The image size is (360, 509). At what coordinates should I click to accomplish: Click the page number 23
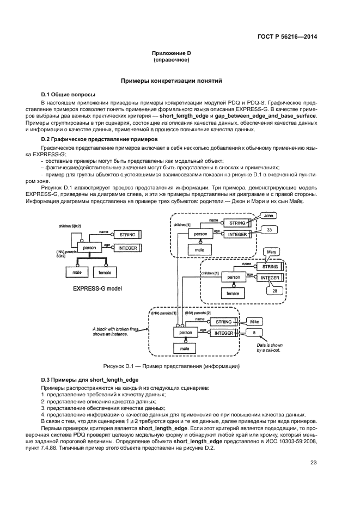click(x=313, y=463)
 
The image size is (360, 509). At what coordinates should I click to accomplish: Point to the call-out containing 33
click(x=269, y=230)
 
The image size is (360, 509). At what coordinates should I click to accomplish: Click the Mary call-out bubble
click(x=272, y=252)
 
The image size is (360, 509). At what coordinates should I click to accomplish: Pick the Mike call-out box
click(x=258, y=321)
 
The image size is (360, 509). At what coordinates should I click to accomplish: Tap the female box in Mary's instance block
click(x=233, y=292)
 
